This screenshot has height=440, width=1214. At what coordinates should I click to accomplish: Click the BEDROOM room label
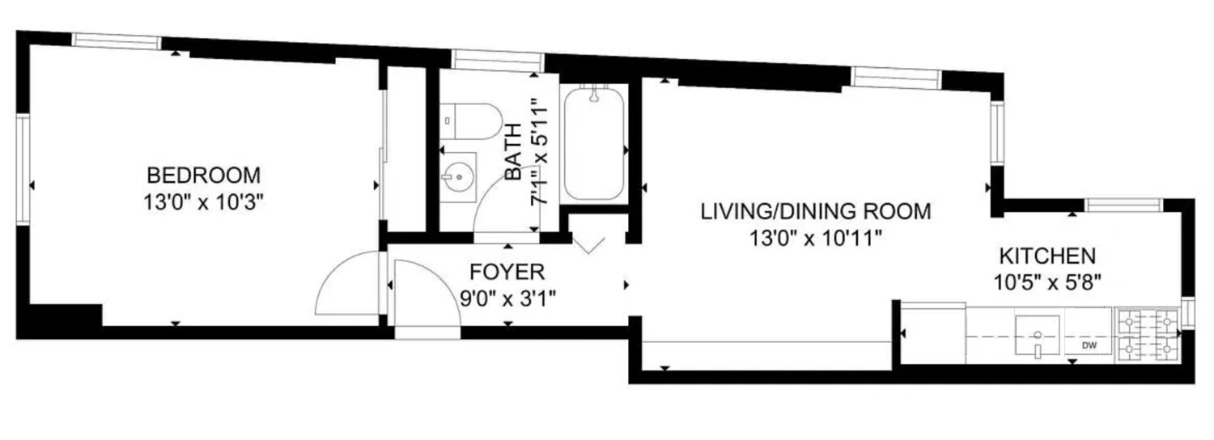point(204,176)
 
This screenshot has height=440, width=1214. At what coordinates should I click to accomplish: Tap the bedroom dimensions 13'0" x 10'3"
point(203,203)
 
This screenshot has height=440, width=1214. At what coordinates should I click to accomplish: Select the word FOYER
point(507,272)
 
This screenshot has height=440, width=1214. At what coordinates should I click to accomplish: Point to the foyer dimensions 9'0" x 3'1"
point(507,298)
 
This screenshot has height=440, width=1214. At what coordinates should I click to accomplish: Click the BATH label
point(512,152)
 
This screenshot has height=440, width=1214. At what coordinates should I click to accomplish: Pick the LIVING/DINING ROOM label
point(816,211)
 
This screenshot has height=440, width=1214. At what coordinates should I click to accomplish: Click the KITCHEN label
point(1047,256)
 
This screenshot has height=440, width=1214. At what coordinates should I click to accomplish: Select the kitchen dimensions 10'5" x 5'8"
point(1047,282)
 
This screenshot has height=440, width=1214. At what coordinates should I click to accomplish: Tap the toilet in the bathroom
point(471,121)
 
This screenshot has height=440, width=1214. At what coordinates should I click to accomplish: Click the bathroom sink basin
point(458,176)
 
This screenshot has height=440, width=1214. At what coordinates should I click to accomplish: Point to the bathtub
point(594,144)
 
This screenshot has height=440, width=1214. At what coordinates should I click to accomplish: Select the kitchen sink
point(1038,336)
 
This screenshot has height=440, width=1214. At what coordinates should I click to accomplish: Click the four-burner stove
point(1146,336)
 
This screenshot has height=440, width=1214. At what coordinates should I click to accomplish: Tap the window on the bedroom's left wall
point(23,170)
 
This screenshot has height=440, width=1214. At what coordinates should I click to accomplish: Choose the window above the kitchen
point(1124,205)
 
